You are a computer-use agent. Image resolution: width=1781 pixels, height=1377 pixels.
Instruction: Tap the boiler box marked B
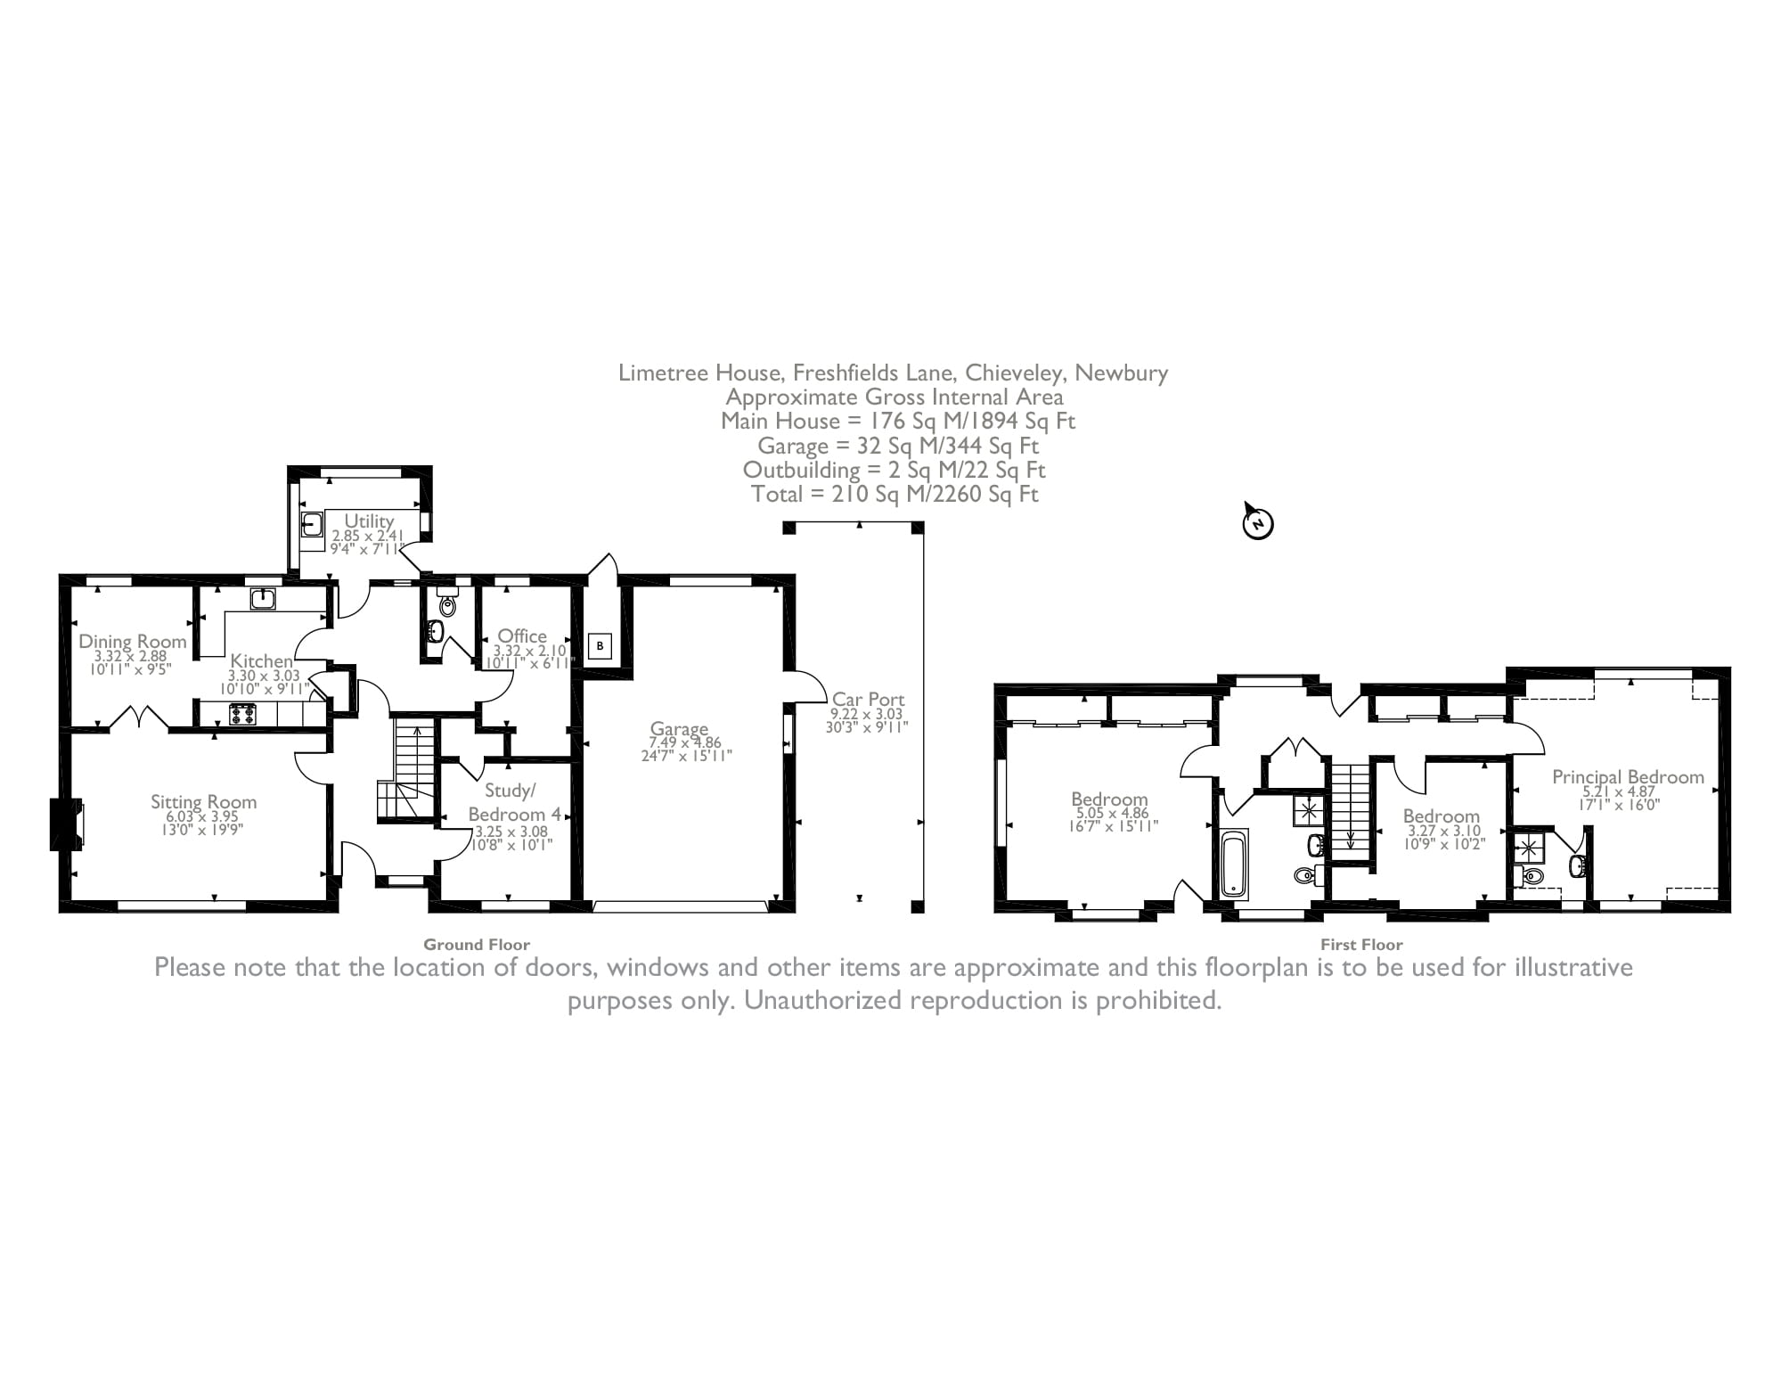(600, 645)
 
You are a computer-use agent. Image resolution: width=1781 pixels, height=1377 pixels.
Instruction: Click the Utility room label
(369, 520)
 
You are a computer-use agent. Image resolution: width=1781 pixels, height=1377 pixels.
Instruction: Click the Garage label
(679, 728)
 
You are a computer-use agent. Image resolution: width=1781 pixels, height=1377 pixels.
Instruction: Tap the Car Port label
(868, 700)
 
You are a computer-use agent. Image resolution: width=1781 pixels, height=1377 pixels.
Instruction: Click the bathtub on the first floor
(1234, 863)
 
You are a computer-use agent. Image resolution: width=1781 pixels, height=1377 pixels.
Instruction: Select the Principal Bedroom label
(1628, 776)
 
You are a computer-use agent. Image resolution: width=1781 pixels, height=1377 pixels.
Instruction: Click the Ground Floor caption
(477, 945)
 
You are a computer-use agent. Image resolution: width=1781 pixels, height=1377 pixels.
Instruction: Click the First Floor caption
(1361, 945)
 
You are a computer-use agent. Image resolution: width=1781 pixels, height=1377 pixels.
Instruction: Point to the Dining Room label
(133, 641)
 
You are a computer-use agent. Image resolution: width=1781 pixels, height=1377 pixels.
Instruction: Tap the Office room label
(522, 635)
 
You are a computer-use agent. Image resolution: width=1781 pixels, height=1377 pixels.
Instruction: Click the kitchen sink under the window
(263, 599)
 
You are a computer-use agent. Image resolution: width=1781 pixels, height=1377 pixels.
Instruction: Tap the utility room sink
(311, 522)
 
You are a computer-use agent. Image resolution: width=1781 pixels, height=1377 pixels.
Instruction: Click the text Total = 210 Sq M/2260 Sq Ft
(895, 494)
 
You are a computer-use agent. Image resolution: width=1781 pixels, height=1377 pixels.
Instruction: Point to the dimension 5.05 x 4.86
(1109, 813)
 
